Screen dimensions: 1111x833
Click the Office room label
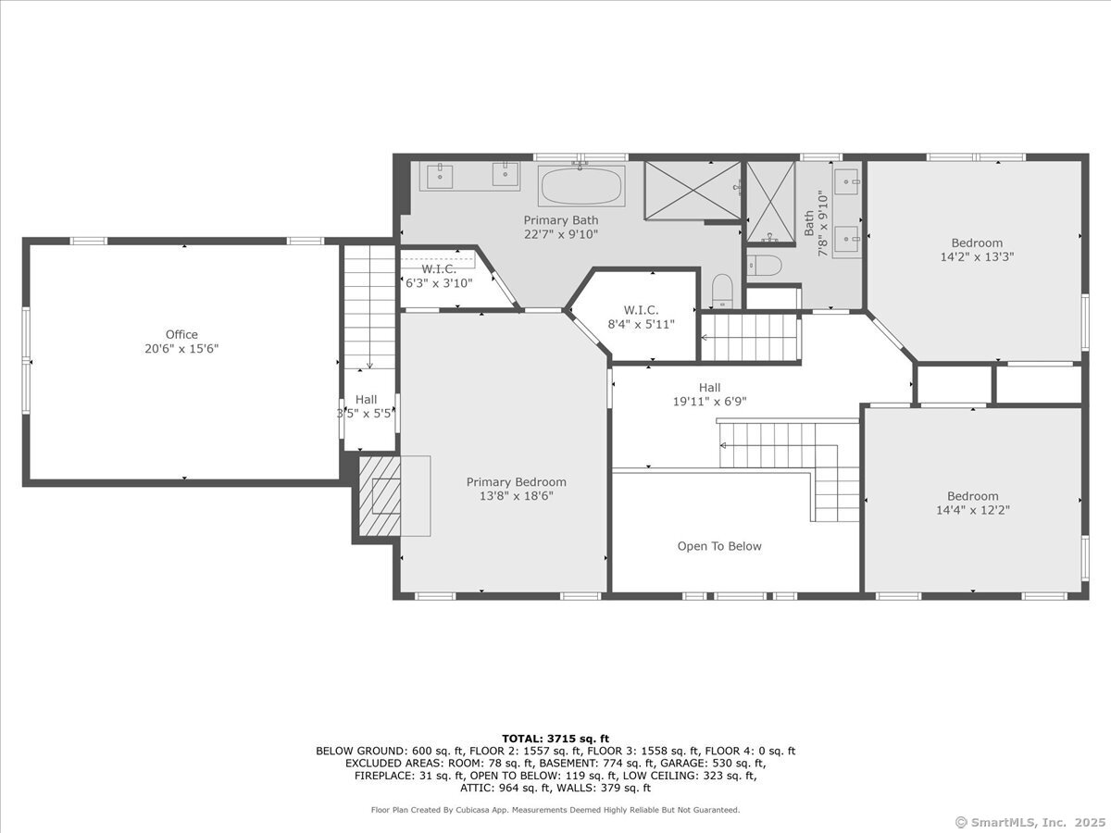tap(181, 334)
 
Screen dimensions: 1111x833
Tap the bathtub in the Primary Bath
tap(581, 186)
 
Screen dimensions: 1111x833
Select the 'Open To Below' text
tap(719, 546)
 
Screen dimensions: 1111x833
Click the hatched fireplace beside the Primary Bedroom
tap(380, 496)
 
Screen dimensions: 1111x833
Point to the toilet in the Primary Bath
tap(722, 291)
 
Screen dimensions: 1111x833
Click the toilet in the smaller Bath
tap(765, 265)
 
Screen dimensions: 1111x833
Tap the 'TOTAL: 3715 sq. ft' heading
tap(555, 739)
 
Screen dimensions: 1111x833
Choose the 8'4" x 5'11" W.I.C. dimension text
tap(642, 324)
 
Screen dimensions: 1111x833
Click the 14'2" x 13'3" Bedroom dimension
tap(977, 257)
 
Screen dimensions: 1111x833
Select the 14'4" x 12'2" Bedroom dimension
tap(973, 510)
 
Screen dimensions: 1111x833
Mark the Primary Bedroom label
tap(517, 482)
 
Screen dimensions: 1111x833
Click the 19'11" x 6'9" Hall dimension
tap(709, 402)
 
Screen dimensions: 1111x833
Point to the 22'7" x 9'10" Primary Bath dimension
tap(561, 235)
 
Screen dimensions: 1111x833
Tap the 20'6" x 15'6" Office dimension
tap(181, 349)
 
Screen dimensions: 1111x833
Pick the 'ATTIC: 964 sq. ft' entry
tap(506, 788)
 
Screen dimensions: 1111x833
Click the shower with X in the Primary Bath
tap(693, 190)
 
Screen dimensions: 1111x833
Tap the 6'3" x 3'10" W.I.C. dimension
tap(439, 283)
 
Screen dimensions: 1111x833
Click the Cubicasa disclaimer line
tap(555, 810)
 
